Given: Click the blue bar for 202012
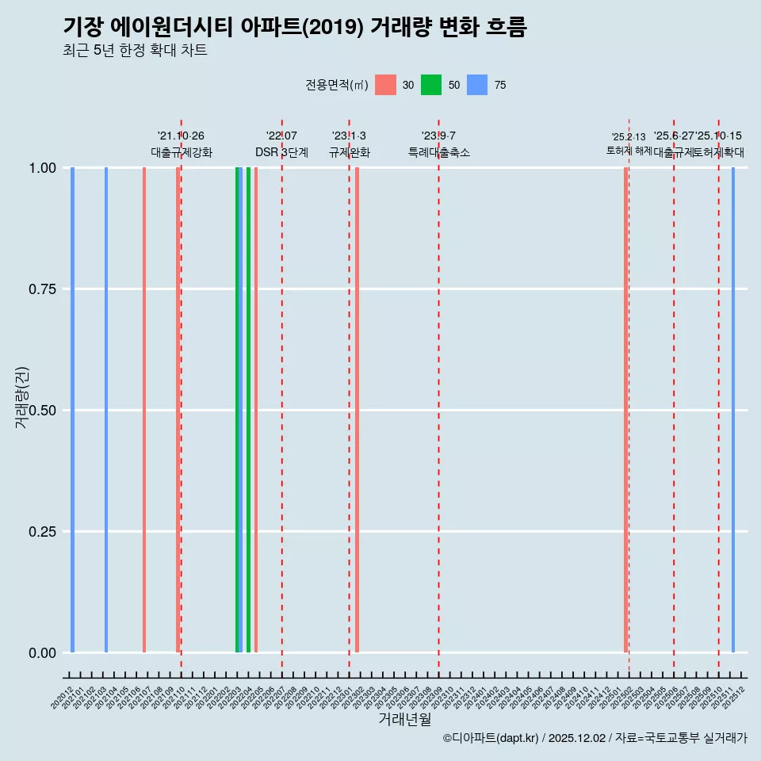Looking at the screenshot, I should point(72,410).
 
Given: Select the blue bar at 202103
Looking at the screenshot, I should point(106,410).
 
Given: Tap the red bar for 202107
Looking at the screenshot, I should point(144,410).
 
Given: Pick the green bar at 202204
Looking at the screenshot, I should point(248,410).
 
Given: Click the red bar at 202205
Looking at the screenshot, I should point(256,410).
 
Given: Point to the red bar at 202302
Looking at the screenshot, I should point(358,410).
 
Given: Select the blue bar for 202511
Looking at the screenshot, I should point(733,410).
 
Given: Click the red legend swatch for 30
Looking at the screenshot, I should point(385,85).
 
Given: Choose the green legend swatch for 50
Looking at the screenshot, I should point(431,85).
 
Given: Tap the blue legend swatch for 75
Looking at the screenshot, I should point(477,85).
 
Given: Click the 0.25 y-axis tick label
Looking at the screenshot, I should point(42,532).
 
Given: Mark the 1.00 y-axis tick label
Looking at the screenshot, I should point(42,168).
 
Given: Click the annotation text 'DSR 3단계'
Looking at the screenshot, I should point(281,152).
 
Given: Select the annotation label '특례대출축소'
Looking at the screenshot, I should point(439,152).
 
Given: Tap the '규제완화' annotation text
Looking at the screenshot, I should point(350,152).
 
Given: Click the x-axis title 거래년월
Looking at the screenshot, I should point(405,720).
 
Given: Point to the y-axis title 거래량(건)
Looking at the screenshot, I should point(22,397).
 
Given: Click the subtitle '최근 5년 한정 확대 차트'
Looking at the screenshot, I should point(135,51).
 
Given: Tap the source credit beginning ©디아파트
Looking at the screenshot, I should point(595,739).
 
